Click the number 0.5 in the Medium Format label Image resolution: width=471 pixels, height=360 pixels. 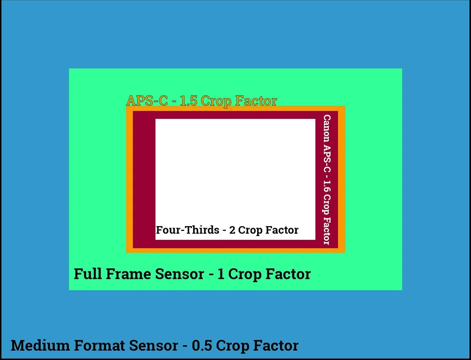(x=202, y=345)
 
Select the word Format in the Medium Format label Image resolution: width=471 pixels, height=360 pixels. (x=98, y=345)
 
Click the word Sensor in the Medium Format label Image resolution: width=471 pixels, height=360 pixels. (x=152, y=345)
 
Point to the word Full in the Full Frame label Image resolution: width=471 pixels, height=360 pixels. (x=87, y=274)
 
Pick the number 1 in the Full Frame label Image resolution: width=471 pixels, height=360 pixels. (x=221, y=274)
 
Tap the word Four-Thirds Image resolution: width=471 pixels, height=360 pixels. (x=187, y=230)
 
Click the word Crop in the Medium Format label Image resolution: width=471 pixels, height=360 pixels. (x=235, y=345)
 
